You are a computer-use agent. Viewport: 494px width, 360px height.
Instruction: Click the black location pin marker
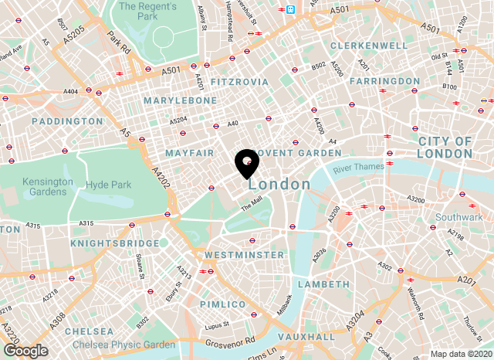point(246,163)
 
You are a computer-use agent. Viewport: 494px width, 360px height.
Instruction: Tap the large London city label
point(279,185)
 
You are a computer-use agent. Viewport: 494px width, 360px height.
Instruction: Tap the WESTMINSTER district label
point(244,254)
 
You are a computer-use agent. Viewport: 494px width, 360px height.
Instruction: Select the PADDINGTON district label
point(67,121)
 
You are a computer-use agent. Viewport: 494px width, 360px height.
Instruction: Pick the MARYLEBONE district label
point(181,100)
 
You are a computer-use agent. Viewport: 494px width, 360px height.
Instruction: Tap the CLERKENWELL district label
point(368,46)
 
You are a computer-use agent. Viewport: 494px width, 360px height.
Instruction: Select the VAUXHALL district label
point(307,337)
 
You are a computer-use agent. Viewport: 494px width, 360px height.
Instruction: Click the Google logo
point(25,351)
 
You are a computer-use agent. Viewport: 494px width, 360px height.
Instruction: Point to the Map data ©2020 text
point(459,354)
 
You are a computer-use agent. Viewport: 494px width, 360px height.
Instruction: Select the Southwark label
point(458,217)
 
